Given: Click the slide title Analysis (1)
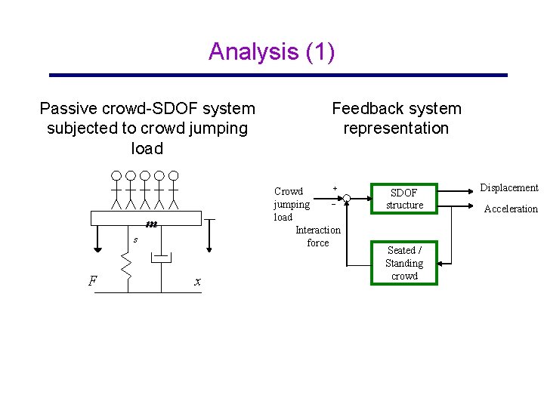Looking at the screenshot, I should [x=271, y=51].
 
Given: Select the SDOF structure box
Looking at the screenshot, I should [x=404, y=199].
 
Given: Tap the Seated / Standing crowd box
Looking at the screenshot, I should [x=404, y=263].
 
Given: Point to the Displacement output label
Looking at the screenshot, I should [x=509, y=188].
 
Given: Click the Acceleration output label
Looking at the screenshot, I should [x=511, y=209].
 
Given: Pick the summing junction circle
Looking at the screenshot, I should [x=346, y=199].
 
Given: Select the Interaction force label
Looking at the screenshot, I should [x=318, y=236].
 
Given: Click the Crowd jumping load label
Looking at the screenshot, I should [x=292, y=204].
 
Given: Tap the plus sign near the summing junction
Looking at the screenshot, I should [x=335, y=187].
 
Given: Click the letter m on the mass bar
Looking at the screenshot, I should [x=151, y=223].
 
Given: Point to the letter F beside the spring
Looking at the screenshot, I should [x=92, y=281].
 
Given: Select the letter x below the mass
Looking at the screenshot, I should [x=197, y=282].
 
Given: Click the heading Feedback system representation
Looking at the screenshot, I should [x=396, y=118].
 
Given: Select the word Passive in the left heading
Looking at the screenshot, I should [x=63, y=109].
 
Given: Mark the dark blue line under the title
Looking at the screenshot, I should [x=278, y=76].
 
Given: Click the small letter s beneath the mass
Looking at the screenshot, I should [x=134, y=240].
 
